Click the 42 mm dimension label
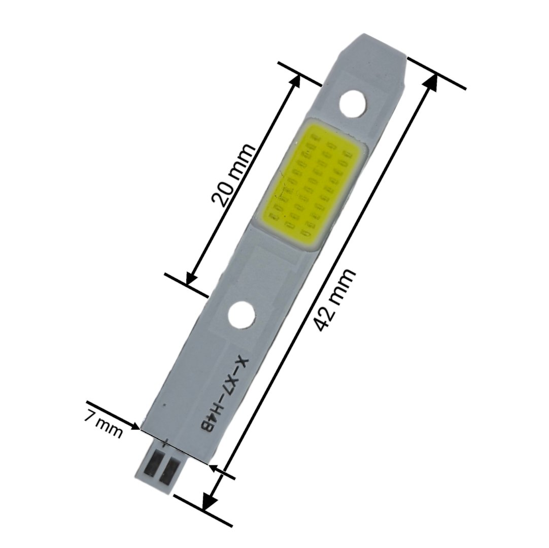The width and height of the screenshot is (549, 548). [334, 300]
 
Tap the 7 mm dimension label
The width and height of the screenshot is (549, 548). [104, 424]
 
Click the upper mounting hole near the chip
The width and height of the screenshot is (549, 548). [353, 104]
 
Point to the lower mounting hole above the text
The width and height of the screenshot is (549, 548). [241, 314]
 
